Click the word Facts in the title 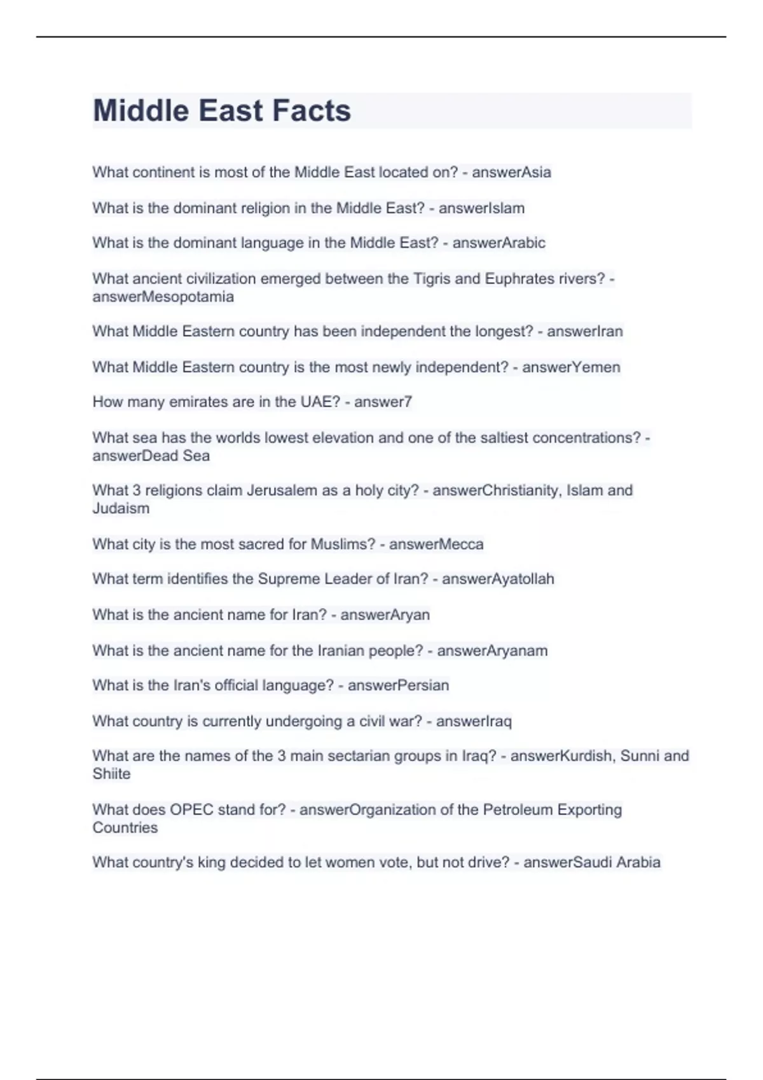pos(312,111)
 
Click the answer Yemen pos(596,367)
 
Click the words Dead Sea pos(175,456)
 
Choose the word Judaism pos(121,508)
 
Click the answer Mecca pos(459,544)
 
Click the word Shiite pos(111,774)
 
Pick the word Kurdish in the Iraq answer pos(587,756)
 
